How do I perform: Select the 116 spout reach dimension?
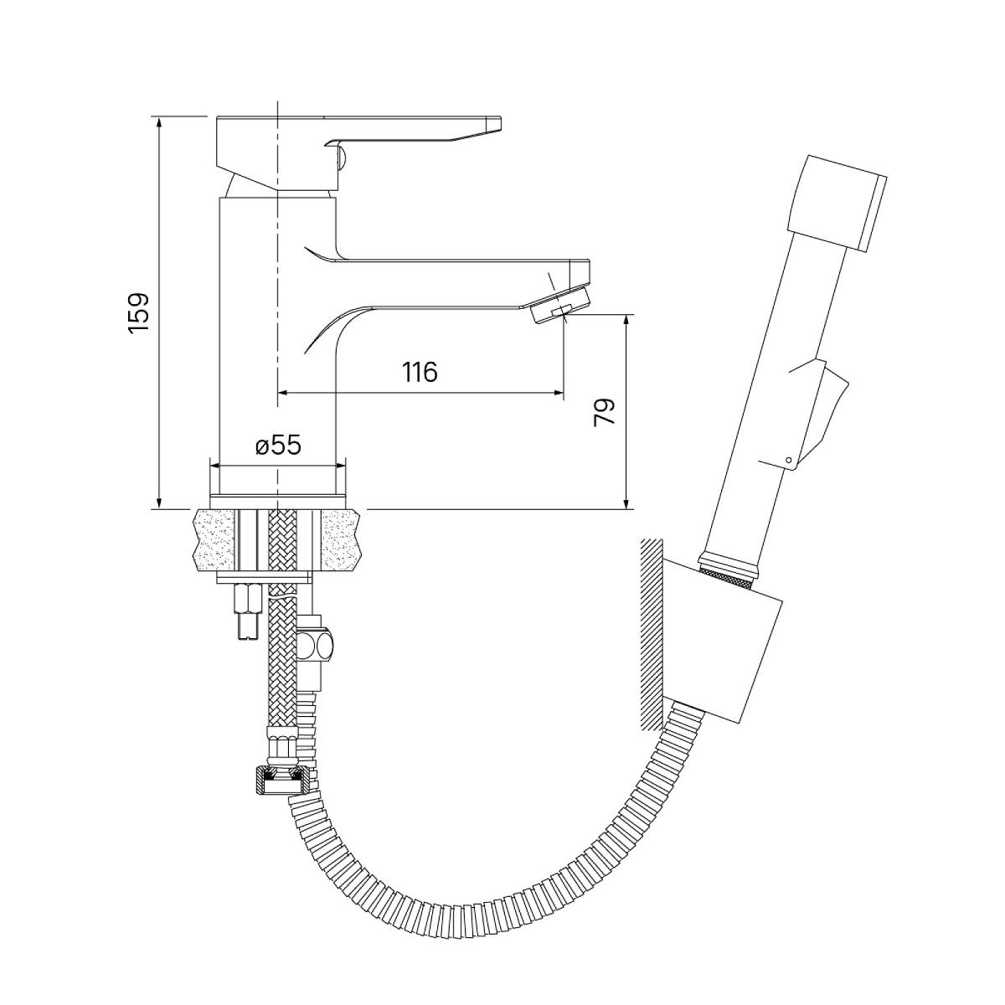tap(420, 372)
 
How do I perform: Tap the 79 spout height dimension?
tap(605, 413)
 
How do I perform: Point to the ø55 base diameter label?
tap(279, 446)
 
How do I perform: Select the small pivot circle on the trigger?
tap(789, 460)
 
